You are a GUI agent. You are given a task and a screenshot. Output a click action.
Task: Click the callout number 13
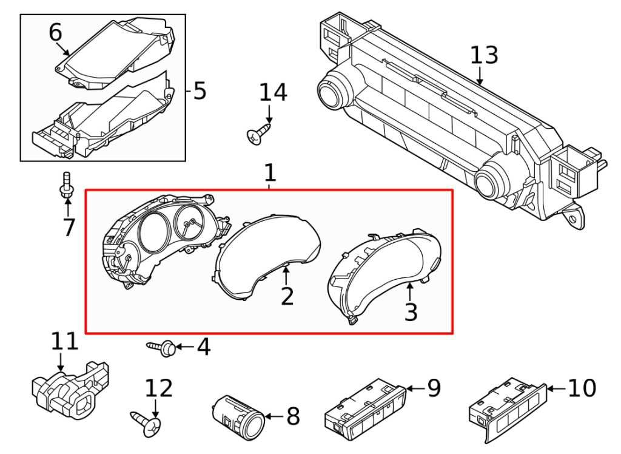coord(484,55)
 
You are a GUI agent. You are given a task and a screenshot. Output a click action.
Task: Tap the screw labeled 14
coord(258,134)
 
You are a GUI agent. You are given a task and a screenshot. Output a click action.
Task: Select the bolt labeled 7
coord(66,186)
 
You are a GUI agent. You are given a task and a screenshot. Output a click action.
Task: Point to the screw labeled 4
coord(163,348)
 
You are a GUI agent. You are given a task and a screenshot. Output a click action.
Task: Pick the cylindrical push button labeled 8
coord(238,417)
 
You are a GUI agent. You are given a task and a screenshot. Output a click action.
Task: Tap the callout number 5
coord(200,91)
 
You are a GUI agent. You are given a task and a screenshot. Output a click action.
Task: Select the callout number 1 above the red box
coord(269,172)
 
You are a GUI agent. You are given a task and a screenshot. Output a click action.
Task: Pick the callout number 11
coord(65,341)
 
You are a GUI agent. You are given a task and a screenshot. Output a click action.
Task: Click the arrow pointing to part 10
coord(557,388)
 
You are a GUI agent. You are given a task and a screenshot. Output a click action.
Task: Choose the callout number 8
coord(293,416)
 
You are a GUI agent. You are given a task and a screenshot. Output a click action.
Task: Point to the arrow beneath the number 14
coord(269,113)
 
